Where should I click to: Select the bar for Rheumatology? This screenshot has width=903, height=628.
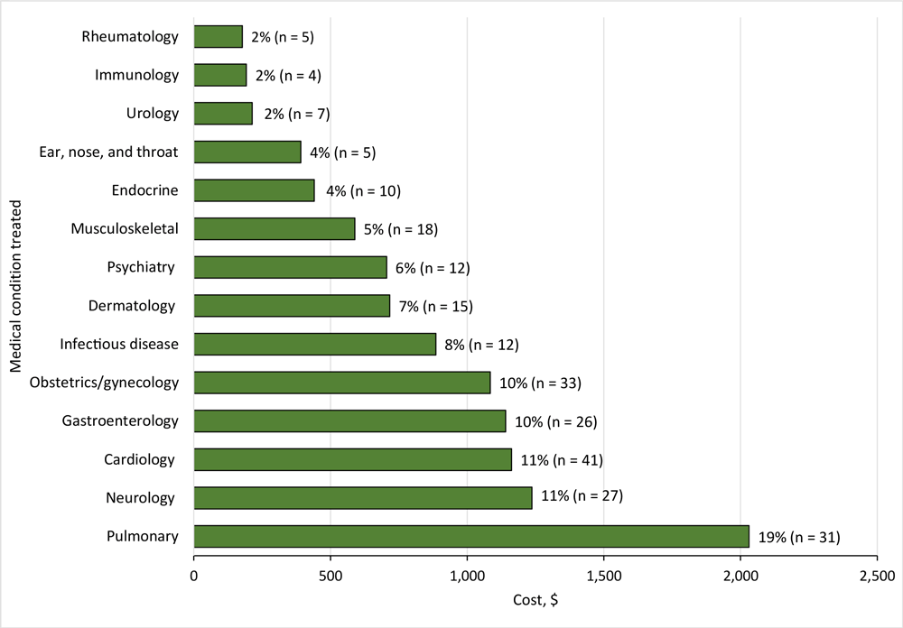(219, 37)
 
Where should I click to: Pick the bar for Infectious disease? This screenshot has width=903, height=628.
(315, 344)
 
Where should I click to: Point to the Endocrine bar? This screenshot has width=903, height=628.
(254, 190)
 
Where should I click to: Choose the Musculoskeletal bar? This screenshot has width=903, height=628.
(275, 229)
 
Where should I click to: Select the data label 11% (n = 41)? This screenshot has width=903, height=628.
(562, 460)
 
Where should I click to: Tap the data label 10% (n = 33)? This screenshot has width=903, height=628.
(540, 383)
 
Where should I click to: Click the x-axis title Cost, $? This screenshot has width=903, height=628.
(535, 600)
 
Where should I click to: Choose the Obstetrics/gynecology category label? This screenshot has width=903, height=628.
(104, 383)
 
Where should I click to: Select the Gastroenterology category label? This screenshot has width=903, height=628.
(120, 421)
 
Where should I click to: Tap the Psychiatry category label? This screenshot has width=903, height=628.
(140, 267)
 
